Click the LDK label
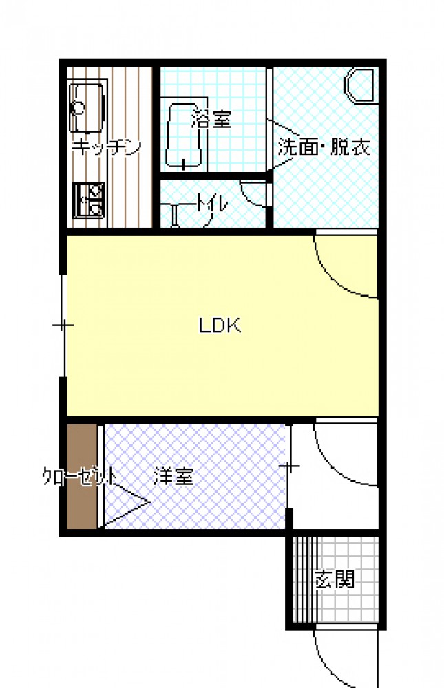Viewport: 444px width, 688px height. click(x=220, y=325)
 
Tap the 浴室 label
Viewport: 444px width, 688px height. click(x=211, y=118)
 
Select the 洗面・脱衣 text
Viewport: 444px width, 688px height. click(x=324, y=147)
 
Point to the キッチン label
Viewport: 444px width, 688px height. click(x=106, y=147)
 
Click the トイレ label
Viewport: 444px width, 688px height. click(x=212, y=205)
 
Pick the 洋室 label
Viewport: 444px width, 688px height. click(x=173, y=476)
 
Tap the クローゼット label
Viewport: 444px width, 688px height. click(x=80, y=477)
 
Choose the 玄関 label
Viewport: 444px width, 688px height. click(x=335, y=579)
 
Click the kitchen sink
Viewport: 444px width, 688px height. click(x=88, y=106)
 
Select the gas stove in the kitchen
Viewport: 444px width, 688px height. click(x=89, y=200)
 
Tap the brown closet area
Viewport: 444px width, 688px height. click(x=82, y=477)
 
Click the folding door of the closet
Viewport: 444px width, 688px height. click(x=125, y=502)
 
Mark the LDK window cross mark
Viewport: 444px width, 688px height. click(x=63, y=325)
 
